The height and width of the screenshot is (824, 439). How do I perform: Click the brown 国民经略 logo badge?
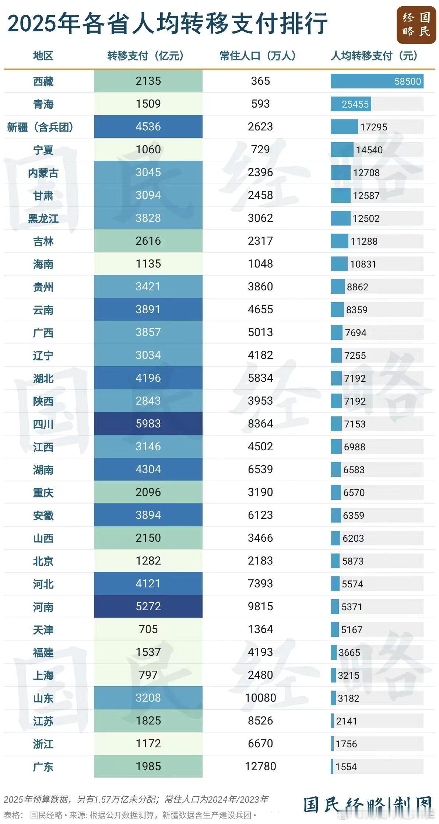click(x=416, y=25)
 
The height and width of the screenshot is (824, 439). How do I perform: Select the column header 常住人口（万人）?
click(x=258, y=56)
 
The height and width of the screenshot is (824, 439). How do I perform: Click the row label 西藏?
click(x=43, y=81)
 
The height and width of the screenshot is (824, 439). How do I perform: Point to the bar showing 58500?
click(x=377, y=81)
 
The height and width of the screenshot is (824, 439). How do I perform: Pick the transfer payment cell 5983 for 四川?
click(x=148, y=424)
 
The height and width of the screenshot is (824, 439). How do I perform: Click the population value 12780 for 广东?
click(x=260, y=767)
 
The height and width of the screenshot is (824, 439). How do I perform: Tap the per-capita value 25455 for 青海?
click(x=355, y=104)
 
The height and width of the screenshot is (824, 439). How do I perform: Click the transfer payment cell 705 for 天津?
click(x=148, y=629)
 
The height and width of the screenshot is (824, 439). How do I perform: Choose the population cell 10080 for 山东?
click(x=260, y=698)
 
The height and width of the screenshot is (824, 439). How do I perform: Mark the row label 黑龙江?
click(x=43, y=219)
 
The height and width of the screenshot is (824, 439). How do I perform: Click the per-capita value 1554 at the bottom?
click(x=346, y=767)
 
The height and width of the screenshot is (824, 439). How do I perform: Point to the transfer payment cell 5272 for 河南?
click(x=148, y=607)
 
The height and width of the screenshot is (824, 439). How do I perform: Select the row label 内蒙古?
click(x=43, y=173)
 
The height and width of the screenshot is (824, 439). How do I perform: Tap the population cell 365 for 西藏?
click(x=260, y=81)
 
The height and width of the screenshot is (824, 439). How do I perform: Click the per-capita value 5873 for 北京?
click(x=353, y=561)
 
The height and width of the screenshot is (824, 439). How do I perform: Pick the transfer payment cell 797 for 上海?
click(x=148, y=675)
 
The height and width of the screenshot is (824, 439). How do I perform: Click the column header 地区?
click(x=43, y=56)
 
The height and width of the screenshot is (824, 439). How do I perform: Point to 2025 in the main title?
click(x=31, y=24)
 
